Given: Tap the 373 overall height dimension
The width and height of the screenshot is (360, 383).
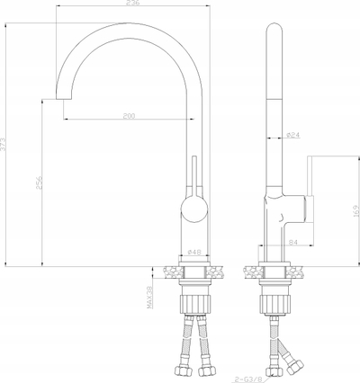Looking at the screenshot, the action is (x=3, y=144).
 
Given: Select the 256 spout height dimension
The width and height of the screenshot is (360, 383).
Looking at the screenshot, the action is (x=39, y=183).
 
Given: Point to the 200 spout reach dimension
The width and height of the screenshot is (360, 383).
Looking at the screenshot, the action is (x=130, y=116).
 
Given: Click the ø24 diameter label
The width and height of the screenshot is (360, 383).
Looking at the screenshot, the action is (x=293, y=135).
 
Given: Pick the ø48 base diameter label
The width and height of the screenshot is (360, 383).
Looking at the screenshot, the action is (x=194, y=252).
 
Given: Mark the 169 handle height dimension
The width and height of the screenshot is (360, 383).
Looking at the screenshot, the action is (x=356, y=211).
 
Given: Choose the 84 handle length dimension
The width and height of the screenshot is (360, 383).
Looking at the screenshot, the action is (x=292, y=242).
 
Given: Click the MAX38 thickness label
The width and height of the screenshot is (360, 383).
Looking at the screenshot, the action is (x=149, y=298).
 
